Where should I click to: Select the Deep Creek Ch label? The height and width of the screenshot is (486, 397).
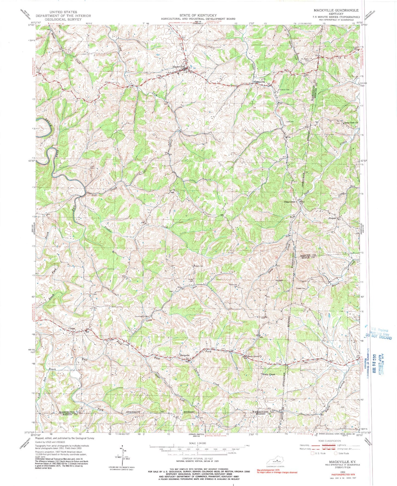click(x=352, y=123)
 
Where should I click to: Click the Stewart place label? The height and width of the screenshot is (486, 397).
click(x=332, y=218)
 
